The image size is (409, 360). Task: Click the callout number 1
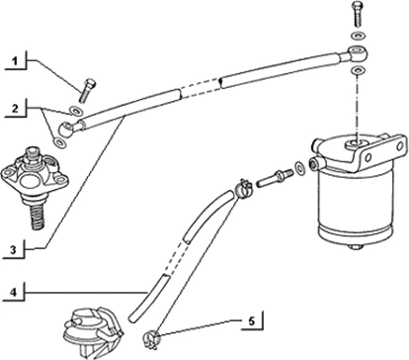15,64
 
